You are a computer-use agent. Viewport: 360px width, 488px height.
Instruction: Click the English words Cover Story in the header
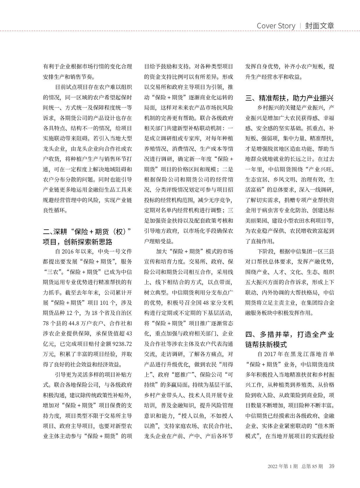[x=276, y=26]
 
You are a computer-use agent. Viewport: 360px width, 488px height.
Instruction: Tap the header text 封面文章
[x=319, y=26]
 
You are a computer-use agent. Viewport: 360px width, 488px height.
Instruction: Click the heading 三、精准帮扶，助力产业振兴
[x=290, y=98]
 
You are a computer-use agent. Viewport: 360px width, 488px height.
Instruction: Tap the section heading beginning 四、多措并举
[x=290, y=339]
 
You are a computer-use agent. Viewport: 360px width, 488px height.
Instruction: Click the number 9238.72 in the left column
[x=122, y=344]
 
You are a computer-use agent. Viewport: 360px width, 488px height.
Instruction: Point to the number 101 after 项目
[x=104, y=303]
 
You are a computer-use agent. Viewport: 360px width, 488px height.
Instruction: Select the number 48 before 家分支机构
[x=206, y=303]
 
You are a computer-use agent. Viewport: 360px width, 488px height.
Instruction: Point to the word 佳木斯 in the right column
[x=325, y=426]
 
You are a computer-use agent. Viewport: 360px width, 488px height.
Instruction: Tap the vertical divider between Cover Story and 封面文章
[x=300, y=26]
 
